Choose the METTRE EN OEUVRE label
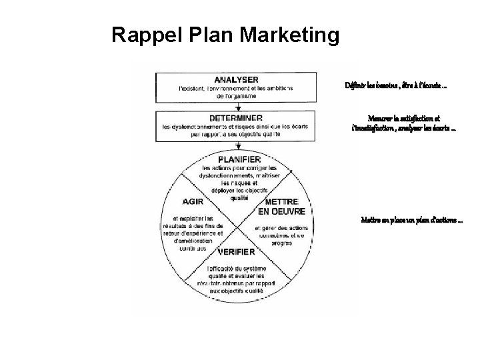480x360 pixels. tap(281, 206)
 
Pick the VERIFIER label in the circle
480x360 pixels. tap(234, 252)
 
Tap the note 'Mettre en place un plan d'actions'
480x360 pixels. tap(411, 220)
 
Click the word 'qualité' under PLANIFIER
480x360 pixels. tap(239, 198)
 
